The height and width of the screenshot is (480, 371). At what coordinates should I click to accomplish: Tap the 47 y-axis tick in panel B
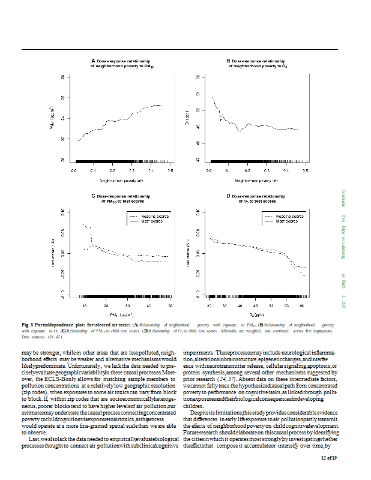point(198,160)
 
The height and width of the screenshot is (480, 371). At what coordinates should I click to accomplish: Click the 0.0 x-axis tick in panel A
point(74,171)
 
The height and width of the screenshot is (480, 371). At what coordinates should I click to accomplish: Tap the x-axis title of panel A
point(122,179)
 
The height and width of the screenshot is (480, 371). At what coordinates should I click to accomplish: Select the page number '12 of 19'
point(328,459)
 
